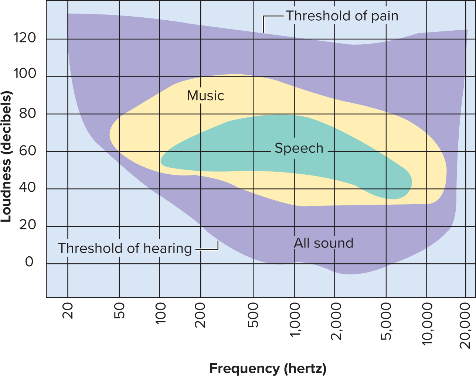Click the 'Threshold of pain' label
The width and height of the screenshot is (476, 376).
tap(342, 16)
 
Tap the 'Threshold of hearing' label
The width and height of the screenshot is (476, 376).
tap(125, 248)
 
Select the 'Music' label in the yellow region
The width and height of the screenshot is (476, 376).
tap(205, 96)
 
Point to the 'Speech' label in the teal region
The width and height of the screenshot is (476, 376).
tap(299, 148)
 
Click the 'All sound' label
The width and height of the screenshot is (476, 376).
tap(323, 243)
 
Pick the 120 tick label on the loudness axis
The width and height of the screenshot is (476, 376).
tap(24, 37)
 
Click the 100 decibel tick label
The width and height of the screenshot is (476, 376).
tap(24, 73)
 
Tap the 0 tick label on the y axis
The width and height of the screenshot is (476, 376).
tap(29, 262)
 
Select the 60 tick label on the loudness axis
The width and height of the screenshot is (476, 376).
tap(27, 151)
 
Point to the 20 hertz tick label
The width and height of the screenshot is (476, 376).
tap(68, 311)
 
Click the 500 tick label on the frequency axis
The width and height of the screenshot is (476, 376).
tap(253, 315)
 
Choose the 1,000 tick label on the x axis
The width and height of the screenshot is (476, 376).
tap(295, 319)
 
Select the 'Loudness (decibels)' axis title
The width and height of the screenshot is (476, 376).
tap(6, 156)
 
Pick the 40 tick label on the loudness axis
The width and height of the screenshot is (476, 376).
tap(27, 187)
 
